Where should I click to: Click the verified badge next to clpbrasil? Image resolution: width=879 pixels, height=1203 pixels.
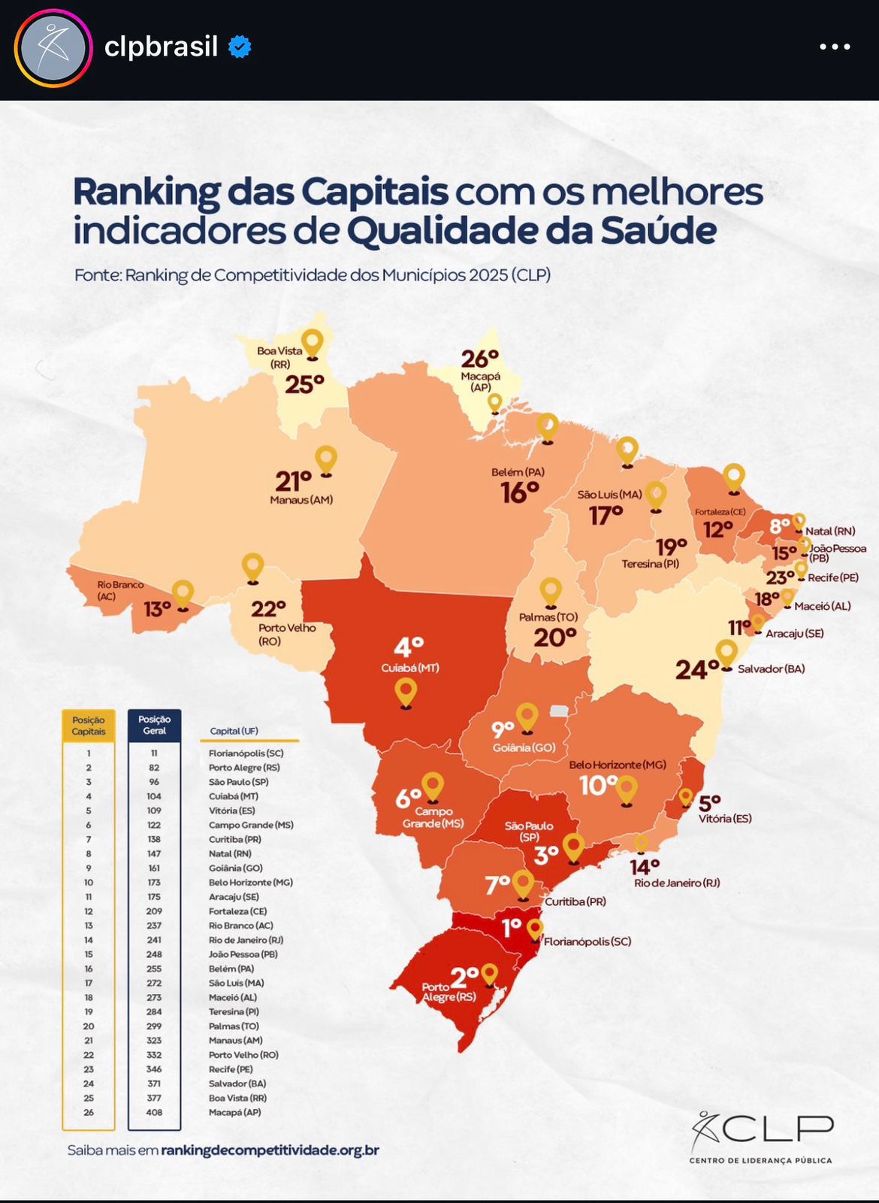[x=240, y=47]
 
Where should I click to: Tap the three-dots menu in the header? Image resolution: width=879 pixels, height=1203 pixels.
[x=835, y=47]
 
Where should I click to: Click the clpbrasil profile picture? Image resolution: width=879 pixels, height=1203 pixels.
[x=53, y=48]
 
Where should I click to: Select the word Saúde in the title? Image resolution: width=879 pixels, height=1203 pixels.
[x=658, y=231]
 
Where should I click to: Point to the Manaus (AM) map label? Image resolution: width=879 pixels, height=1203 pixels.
[x=301, y=500]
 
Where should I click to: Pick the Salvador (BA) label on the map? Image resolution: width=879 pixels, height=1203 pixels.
[x=771, y=668]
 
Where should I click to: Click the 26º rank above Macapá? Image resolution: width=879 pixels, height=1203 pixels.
[x=480, y=359]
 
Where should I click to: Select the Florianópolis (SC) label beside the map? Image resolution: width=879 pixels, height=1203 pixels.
[x=588, y=941]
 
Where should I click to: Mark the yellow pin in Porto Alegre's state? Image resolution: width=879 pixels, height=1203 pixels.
[x=490, y=975]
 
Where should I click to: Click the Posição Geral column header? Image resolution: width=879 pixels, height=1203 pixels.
[x=154, y=725]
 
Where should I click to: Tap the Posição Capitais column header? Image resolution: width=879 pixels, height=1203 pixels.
[x=89, y=726]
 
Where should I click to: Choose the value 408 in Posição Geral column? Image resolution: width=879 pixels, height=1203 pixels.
[x=154, y=1112]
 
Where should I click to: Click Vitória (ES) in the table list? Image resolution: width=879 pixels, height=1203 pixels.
[x=231, y=811]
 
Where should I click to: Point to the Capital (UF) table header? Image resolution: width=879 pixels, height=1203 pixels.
[x=234, y=731]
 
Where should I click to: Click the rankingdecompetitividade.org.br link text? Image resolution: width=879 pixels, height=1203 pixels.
[x=270, y=1150]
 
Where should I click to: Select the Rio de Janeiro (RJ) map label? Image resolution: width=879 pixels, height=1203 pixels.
[x=676, y=883]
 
